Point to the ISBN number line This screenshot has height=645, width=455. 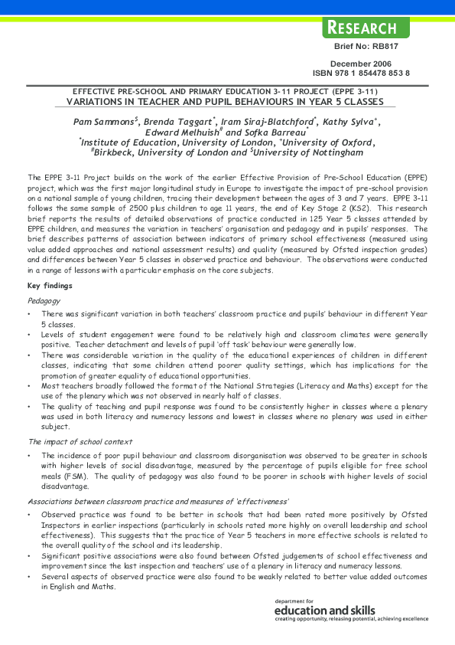pos(361,74)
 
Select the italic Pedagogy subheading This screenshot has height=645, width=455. pos(43,301)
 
